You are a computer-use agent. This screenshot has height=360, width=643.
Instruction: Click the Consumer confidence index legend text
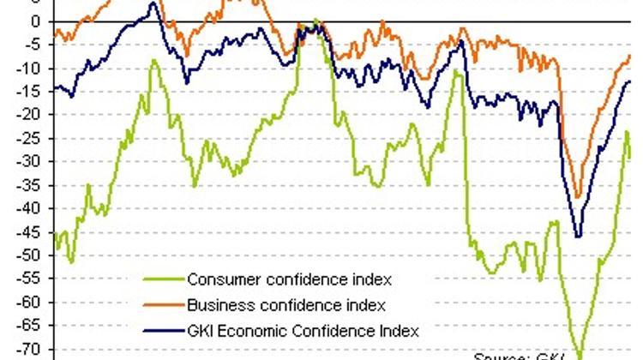point(289,279)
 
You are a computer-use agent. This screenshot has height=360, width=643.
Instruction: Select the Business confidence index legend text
point(285,305)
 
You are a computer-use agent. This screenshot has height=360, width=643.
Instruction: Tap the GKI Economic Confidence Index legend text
point(303,330)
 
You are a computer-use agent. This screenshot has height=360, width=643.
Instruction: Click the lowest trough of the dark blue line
point(578,237)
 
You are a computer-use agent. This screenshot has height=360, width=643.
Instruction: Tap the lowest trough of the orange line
point(577,197)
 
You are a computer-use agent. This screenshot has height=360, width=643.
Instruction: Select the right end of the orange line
point(629,56)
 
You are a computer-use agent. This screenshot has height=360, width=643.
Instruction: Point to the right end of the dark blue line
point(630,81)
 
